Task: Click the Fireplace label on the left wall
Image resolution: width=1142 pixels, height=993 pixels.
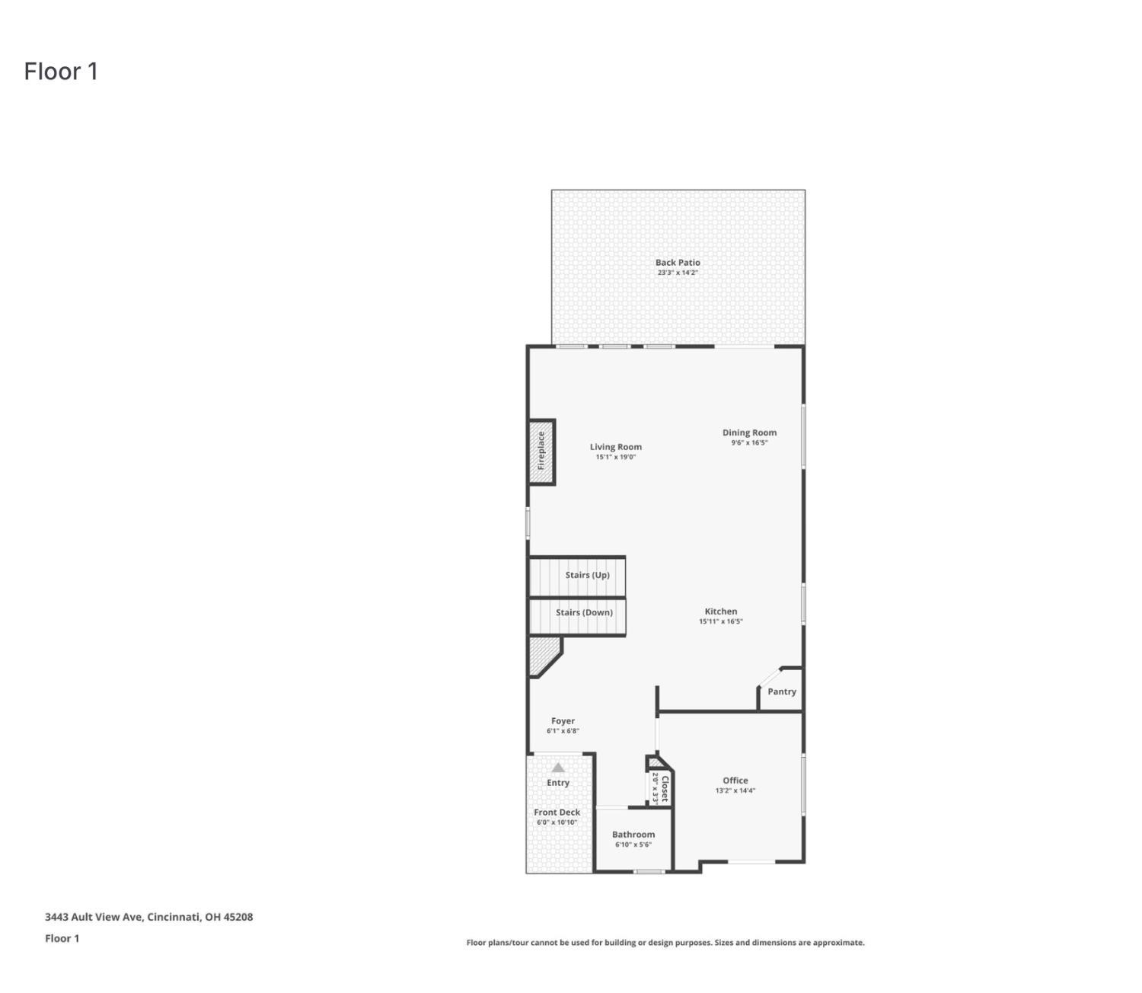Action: point(541,451)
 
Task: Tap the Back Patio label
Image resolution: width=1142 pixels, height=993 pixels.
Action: point(678,262)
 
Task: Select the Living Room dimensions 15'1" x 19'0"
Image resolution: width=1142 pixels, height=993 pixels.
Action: point(615,458)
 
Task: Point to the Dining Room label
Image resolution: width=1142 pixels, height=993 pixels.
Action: point(749,433)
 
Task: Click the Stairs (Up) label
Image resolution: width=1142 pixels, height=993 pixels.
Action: point(587,575)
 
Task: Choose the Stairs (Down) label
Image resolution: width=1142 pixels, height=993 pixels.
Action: point(584,612)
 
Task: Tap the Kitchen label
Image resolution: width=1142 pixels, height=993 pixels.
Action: point(720,611)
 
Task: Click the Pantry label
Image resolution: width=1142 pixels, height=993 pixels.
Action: point(781,691)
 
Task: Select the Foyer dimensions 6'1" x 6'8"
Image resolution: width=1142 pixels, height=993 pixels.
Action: point(563,731)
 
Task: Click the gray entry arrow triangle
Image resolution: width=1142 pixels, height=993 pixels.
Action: point(558,768)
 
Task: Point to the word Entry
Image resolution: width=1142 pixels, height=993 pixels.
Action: point(558,783)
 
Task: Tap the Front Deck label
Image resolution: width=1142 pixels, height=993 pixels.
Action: point(557,813)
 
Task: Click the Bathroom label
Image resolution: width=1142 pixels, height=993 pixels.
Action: point(633,835)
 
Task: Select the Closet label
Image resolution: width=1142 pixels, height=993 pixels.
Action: point(665,788)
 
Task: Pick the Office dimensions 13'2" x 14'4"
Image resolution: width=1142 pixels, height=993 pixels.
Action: point(735,790)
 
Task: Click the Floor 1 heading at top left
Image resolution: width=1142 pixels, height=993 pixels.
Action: point(61,72)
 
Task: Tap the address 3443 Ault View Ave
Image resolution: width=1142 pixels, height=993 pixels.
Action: point(148,917)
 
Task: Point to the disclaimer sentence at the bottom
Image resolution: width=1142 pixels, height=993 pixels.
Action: point(665,943)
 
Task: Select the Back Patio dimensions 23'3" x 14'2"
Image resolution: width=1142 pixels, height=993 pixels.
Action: point(678,273)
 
